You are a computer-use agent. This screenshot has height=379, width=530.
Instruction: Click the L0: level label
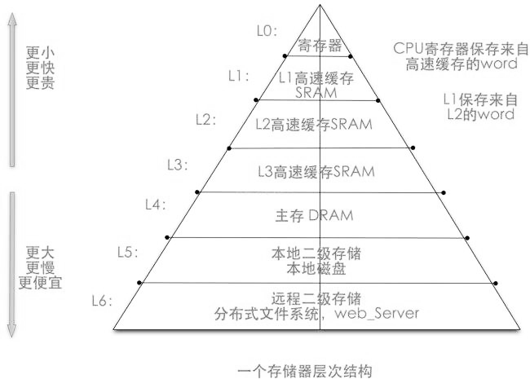click(x=267, y=31)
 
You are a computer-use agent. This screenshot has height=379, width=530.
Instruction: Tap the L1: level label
click(x=239, y=77)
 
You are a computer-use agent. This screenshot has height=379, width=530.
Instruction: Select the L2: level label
click(x=205, y=120)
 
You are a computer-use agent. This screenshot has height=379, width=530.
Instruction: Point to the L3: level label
click(x=178, y=165)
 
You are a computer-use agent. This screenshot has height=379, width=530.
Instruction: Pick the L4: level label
click(x=156, y=205)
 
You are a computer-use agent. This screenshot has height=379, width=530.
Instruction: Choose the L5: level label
click(x=128, y=253)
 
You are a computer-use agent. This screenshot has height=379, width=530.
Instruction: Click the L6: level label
click(x=102, y=301)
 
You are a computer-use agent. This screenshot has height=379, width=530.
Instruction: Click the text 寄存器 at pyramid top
click(x=320, y=46)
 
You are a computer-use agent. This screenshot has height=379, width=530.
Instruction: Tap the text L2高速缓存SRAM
click(x=314, y=125)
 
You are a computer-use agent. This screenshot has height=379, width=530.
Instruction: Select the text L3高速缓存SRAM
click(x=316, y=172)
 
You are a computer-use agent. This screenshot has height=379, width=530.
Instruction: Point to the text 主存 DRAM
click(x=315, y=215)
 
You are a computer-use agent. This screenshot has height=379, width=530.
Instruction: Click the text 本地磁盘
click(x=316, y=269)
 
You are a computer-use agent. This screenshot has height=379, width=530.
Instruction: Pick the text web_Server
click(x=377, y=314)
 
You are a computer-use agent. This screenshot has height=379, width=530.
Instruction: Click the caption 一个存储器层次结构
click(x=305, y=371)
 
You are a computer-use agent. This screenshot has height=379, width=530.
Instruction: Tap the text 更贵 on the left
click(x=40, y=83)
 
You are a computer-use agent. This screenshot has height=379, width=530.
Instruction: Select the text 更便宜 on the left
click(x=40, y=282)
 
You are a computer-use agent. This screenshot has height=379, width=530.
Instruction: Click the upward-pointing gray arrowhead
click(x=12, y=20)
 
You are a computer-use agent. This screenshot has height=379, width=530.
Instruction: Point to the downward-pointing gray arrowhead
click(x=12, y=330)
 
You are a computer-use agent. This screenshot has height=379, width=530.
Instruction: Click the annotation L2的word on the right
click(x=480, y=114)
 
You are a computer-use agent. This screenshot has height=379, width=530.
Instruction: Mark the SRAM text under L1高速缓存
click(x=316, y=93)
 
